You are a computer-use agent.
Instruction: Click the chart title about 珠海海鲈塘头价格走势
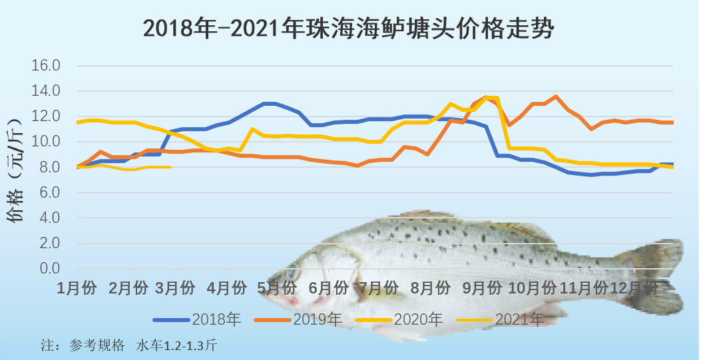coord(349,29)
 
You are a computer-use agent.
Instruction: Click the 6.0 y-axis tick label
coord(48,192)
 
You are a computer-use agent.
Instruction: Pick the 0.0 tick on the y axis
coord(48,269)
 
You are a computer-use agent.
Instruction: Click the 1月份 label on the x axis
coord(77,288)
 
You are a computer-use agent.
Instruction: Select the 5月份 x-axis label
coord(277,288)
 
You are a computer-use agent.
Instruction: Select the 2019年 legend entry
coord(317,319)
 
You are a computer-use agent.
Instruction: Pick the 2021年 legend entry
coord(519,319)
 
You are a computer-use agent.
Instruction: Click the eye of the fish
coord(291,274)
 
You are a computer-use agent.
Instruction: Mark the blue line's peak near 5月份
coord(269,103)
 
